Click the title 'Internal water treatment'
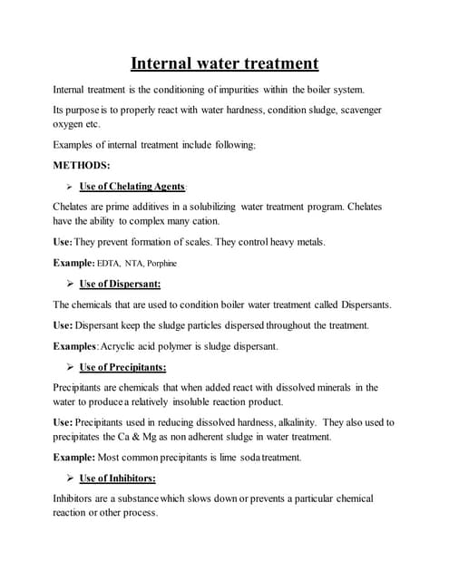point(224,63)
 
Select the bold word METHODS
point(82,165)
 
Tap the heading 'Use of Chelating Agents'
point(132,187)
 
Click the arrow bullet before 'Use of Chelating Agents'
point(70,187)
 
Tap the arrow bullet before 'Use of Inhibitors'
point(70,478)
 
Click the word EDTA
point(109,263)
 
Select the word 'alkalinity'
point(291,422)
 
